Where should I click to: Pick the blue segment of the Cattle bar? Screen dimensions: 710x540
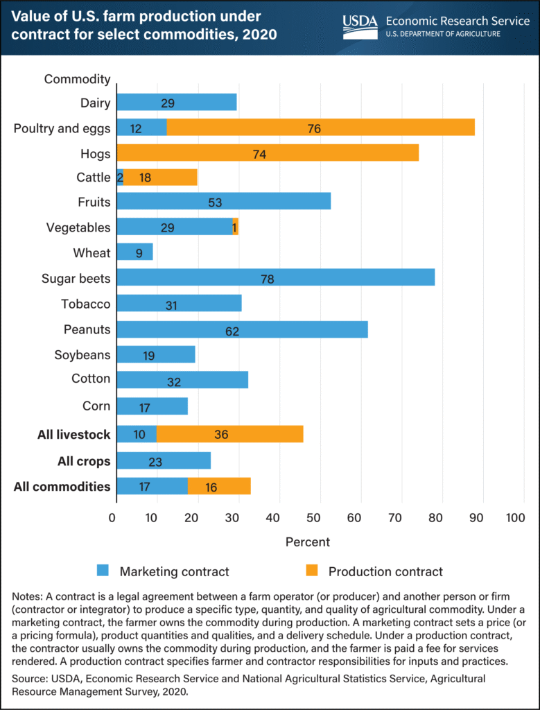119,177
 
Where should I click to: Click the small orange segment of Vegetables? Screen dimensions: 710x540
236,227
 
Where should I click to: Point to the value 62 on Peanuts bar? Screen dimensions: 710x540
232,331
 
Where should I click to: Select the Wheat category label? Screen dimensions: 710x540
92,253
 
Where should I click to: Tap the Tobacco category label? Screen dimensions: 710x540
85,304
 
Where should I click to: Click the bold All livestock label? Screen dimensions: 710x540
75,435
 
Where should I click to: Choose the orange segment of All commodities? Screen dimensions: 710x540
219,487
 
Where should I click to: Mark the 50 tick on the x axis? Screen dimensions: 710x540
314,518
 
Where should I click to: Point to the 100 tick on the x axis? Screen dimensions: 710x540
515,518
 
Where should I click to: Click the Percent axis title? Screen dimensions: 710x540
307,541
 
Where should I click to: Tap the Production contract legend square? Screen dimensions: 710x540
312,571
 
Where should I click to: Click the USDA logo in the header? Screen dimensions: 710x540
360,26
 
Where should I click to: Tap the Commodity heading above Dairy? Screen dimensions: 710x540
77,78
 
